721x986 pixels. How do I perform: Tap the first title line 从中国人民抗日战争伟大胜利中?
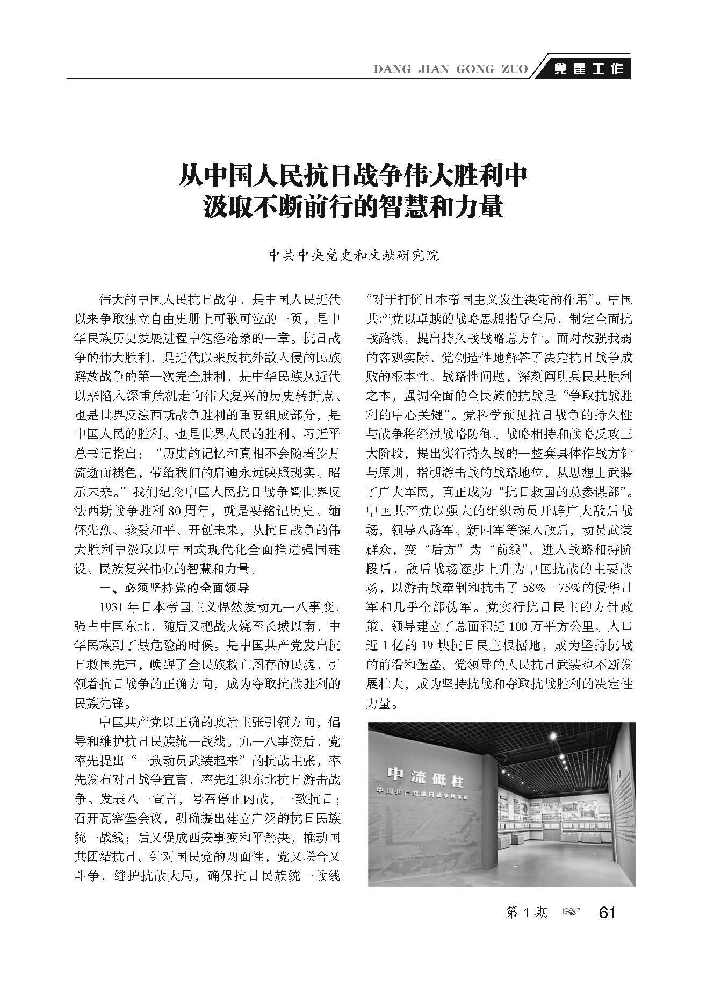coord(353,177)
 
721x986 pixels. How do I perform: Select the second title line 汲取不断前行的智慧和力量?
coord(353,207)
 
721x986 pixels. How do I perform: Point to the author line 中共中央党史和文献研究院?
coord(354,255)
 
